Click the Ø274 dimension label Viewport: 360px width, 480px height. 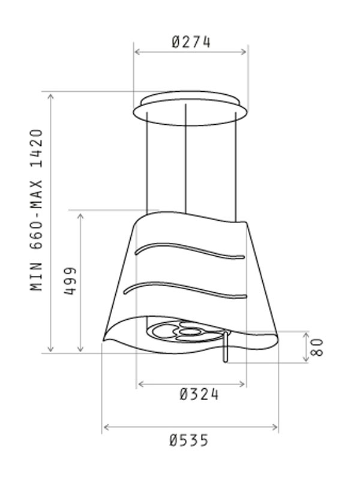[191, 42]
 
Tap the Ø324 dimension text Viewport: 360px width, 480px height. [199, 394]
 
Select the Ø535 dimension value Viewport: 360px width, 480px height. [189, 440]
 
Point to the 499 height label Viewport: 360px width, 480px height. [70, 281]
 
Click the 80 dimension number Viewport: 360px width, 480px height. [317, 347]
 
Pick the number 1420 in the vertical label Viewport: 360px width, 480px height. [37, 148]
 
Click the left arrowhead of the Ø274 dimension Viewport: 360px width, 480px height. [137, 52]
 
